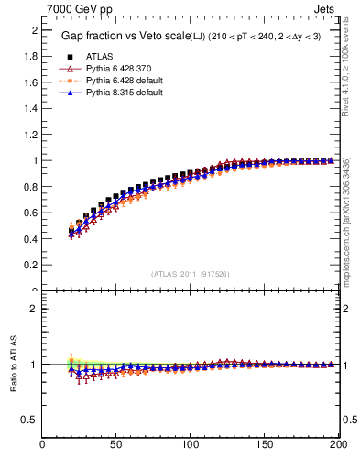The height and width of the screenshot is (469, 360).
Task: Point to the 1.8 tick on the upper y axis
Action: click(31, 56)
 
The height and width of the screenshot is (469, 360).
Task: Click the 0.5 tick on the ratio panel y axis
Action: click(31, 420)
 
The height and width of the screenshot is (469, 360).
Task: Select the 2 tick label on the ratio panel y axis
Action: click(35, 309)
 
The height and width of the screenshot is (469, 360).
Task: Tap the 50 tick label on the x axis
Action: click(116, 446)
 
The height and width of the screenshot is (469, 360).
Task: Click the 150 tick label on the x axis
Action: click(265, 446)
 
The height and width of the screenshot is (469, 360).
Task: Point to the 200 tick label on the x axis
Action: click(336, 446)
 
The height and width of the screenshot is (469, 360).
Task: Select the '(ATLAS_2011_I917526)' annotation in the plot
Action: click(191, 274)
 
